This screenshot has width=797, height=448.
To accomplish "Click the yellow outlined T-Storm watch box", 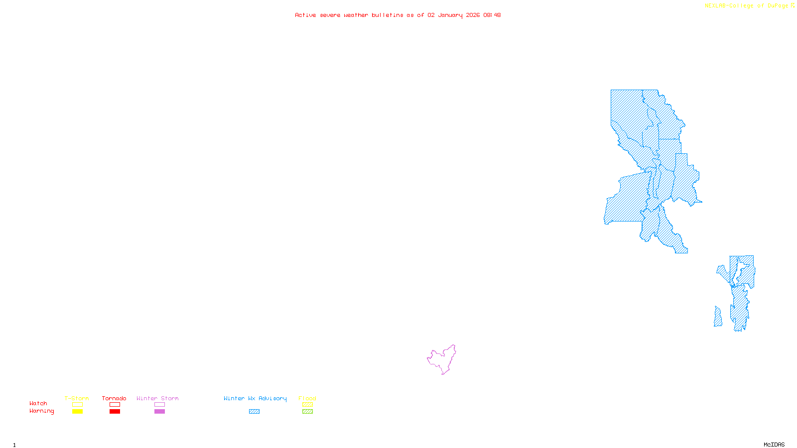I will [77, 405].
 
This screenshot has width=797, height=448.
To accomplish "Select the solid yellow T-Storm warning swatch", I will [77, 412].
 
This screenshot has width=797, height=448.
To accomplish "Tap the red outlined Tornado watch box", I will [115, 405].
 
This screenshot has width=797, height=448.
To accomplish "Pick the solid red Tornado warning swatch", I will [115, 412].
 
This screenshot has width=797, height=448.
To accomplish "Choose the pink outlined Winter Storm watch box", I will [159, 405].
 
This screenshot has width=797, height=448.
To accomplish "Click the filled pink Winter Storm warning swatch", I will [159, 412].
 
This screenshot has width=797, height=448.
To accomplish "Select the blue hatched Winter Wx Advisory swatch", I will [254, 412].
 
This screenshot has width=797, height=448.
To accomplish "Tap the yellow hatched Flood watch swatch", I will [307, 405].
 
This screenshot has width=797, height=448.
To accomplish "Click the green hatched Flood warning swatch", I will [307, 412].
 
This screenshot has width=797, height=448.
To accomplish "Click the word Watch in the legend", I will [38, 404].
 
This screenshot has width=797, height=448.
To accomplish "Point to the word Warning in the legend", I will [41, 411].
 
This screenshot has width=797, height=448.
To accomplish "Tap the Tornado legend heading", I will [114, 398].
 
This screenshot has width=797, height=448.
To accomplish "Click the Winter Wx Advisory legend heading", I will [255, 398].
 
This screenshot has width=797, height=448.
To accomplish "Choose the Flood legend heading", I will [307, 398].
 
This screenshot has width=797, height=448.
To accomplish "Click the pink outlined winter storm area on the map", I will [443, 359].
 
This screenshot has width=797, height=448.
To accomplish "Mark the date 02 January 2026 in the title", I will [453, 15].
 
